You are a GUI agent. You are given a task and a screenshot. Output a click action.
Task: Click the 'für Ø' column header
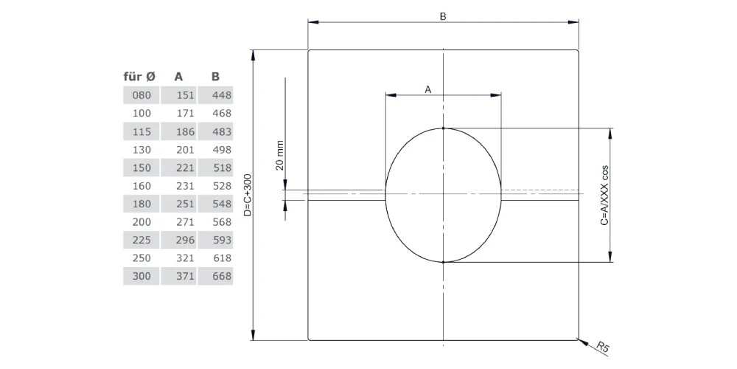[139, 76]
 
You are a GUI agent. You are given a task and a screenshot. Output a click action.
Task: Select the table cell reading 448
[221, 95]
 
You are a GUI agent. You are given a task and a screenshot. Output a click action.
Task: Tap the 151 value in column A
[185, 95]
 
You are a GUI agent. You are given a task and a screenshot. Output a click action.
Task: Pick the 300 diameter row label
[141, 276]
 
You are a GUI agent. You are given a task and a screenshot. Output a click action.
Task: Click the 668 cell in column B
[221, 276]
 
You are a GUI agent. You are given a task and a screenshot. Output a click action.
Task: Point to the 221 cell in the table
[185, 168]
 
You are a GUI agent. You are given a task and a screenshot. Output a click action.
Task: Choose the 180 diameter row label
[141, 204]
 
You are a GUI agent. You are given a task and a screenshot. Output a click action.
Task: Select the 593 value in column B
[221, 240]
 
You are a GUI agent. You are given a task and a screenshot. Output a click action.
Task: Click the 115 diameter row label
[141, 131]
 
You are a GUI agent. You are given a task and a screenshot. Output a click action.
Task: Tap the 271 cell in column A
[185, 221]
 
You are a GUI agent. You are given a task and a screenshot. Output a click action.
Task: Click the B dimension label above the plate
[443, 16]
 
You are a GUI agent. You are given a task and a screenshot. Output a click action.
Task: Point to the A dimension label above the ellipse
[427, 89]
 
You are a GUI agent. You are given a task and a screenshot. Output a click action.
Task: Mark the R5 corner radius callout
[602, 347]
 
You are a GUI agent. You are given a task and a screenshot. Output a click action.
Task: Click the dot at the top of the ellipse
[444, 128]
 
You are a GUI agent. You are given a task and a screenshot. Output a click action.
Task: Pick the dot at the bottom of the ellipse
[444, 262]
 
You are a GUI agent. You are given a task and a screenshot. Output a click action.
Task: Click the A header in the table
[178, 76]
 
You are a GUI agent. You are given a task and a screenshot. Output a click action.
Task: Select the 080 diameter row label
[141, 95]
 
